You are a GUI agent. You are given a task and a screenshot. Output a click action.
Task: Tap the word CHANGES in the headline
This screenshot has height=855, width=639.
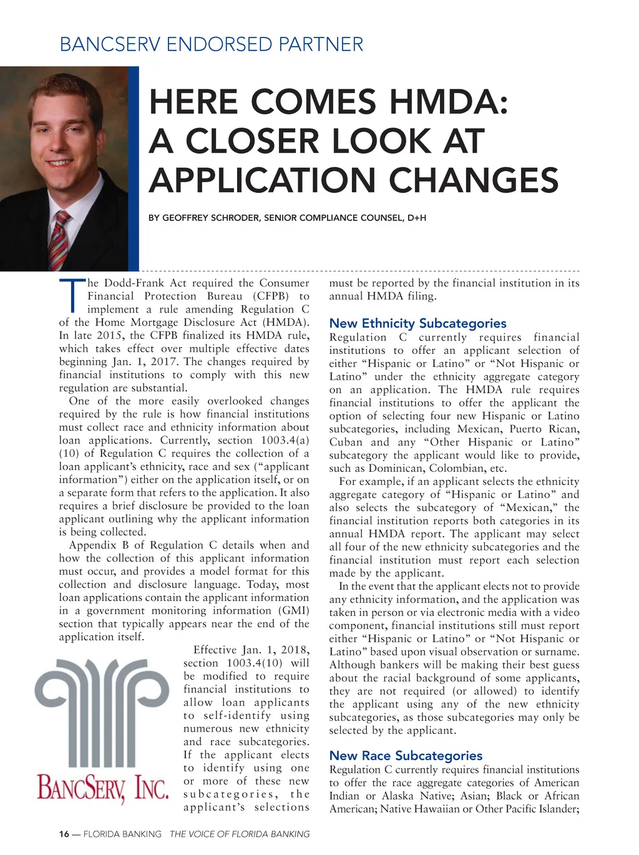474,180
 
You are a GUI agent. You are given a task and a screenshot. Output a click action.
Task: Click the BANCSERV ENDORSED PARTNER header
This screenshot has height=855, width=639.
211,45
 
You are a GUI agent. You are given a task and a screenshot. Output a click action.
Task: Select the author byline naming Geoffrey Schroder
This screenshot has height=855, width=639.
287,218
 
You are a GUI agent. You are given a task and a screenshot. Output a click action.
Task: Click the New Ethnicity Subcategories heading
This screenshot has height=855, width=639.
417,323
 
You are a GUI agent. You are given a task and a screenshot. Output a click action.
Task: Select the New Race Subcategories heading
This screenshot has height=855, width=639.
406,756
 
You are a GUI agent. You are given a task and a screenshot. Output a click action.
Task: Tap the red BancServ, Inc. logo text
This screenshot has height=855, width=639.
103,788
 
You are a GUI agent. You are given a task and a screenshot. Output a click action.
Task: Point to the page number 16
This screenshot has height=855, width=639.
64,834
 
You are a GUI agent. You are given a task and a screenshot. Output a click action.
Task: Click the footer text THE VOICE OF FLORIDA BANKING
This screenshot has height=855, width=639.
240,834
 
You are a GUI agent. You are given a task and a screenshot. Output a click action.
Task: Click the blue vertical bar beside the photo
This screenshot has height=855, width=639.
134,169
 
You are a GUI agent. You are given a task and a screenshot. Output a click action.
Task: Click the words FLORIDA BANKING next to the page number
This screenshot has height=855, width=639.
122,834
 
